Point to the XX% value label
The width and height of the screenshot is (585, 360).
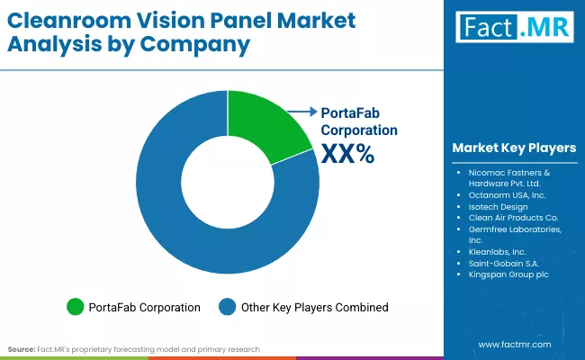[x=346, y=155]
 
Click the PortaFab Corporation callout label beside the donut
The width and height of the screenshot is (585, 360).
[x=359, y=121]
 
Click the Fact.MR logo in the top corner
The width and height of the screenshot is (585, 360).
[x=513, y=28]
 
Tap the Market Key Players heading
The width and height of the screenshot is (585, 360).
[x=514, y=148]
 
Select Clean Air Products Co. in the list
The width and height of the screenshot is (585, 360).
[x=514, y=217]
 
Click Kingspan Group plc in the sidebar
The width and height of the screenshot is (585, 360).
[x=509, y=276]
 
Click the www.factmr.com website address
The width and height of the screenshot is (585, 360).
[x=514, y=344]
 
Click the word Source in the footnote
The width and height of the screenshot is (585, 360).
[x=20, y=348]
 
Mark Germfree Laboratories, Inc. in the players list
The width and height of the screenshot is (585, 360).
[x=515, y=235]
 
